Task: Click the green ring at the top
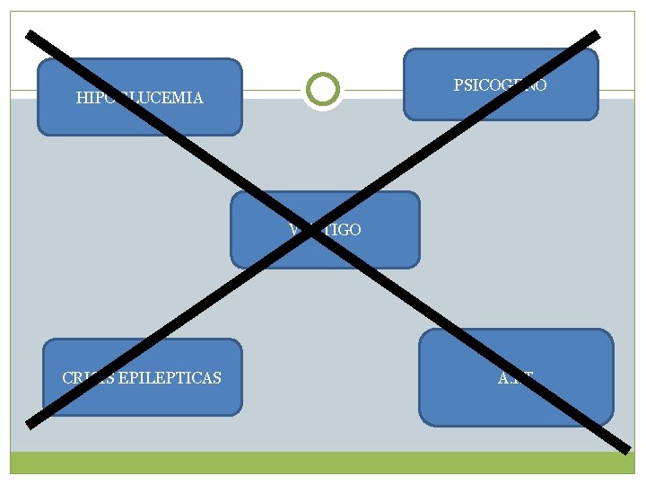[322, 75]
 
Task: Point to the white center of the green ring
[322, 89]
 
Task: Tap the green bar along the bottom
[323, 462]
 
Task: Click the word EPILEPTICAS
[172, 377]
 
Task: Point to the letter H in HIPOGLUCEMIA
[82, 97]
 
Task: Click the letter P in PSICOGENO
[458, 85]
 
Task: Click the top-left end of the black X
[31, 35]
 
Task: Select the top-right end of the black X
[596, 35]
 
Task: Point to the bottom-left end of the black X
[31, 423]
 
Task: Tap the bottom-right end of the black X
[626, 446]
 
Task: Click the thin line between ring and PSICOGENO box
[373, 90]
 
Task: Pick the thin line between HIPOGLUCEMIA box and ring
[270, 90]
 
